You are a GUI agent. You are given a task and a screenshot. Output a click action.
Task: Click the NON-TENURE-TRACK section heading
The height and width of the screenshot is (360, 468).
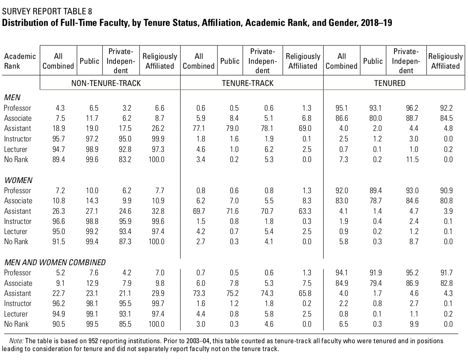[x=106, y=83]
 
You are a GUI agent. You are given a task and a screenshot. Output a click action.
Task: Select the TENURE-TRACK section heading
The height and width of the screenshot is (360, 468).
[x=247, y=83]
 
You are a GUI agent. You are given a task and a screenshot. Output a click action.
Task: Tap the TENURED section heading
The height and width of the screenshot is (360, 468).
[x=390, y=83]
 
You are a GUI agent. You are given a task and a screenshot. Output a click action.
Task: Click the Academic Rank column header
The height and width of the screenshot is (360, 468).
[x=20, y=61]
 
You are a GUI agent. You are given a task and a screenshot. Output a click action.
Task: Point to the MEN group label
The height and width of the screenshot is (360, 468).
[x=12, y=97]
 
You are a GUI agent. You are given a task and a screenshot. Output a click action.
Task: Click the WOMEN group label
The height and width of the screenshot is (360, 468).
[x=18, y=180]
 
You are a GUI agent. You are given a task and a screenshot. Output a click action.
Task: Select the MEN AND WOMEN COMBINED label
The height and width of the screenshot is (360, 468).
[x=55, y=262]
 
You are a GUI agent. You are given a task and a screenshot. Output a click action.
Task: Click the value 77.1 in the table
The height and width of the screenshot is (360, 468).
[x=199, y=128]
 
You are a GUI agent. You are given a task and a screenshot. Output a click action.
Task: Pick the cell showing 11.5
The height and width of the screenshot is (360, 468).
[x=412, y=159]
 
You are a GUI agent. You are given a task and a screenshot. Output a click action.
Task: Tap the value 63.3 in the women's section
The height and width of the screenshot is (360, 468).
[x=305, y=211]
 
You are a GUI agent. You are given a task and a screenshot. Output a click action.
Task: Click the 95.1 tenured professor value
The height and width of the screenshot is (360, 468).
[x=342, y=108]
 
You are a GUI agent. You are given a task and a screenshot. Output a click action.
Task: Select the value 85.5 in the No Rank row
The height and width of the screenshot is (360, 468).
[x=125, y=324]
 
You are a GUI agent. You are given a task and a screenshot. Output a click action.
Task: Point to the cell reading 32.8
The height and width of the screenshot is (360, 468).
[x=158, y=211]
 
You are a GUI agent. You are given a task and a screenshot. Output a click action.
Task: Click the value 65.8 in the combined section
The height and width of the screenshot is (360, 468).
[x=305, y=293]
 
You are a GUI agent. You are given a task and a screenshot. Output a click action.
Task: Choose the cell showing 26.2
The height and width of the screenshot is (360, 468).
[x=158, y=128]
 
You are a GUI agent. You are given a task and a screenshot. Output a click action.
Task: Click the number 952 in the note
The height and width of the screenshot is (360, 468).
[x=93, y=341]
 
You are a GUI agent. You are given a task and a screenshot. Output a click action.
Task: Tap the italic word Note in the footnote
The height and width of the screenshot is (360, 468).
[x=16, y=341]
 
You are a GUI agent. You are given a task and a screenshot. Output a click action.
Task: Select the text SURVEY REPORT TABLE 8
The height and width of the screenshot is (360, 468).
[x=47, y=11]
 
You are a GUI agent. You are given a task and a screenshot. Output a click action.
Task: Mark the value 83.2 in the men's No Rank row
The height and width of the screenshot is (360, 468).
[x=125, y=159]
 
